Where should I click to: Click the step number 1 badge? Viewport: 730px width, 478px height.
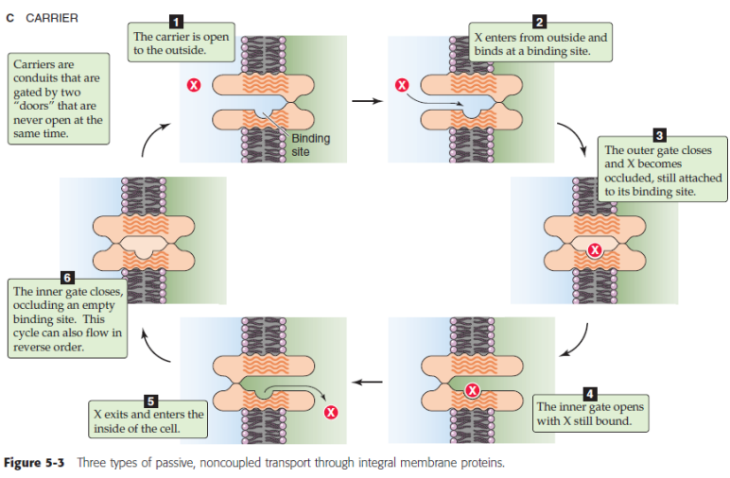175,21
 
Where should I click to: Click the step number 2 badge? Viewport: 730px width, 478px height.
540,21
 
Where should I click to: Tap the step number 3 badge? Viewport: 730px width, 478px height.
660,133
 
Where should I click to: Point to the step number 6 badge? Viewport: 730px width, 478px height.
67,278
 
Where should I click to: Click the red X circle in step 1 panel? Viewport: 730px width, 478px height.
194,86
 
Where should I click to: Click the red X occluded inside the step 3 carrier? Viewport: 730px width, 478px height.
594,250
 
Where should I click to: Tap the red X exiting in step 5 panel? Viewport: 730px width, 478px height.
330,412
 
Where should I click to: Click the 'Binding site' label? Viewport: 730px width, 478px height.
310,145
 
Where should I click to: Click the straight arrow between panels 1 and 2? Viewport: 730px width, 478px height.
364,98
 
